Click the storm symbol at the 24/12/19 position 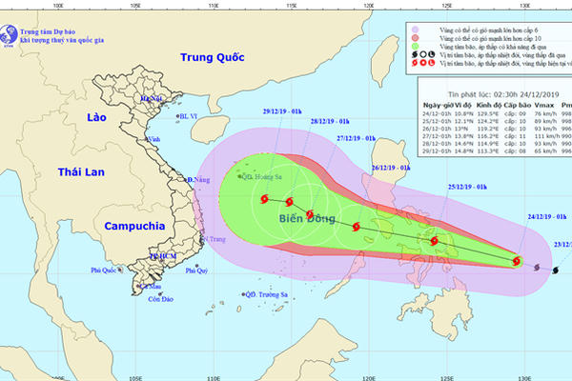pos(517,260)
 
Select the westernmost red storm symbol pos(262,199)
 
